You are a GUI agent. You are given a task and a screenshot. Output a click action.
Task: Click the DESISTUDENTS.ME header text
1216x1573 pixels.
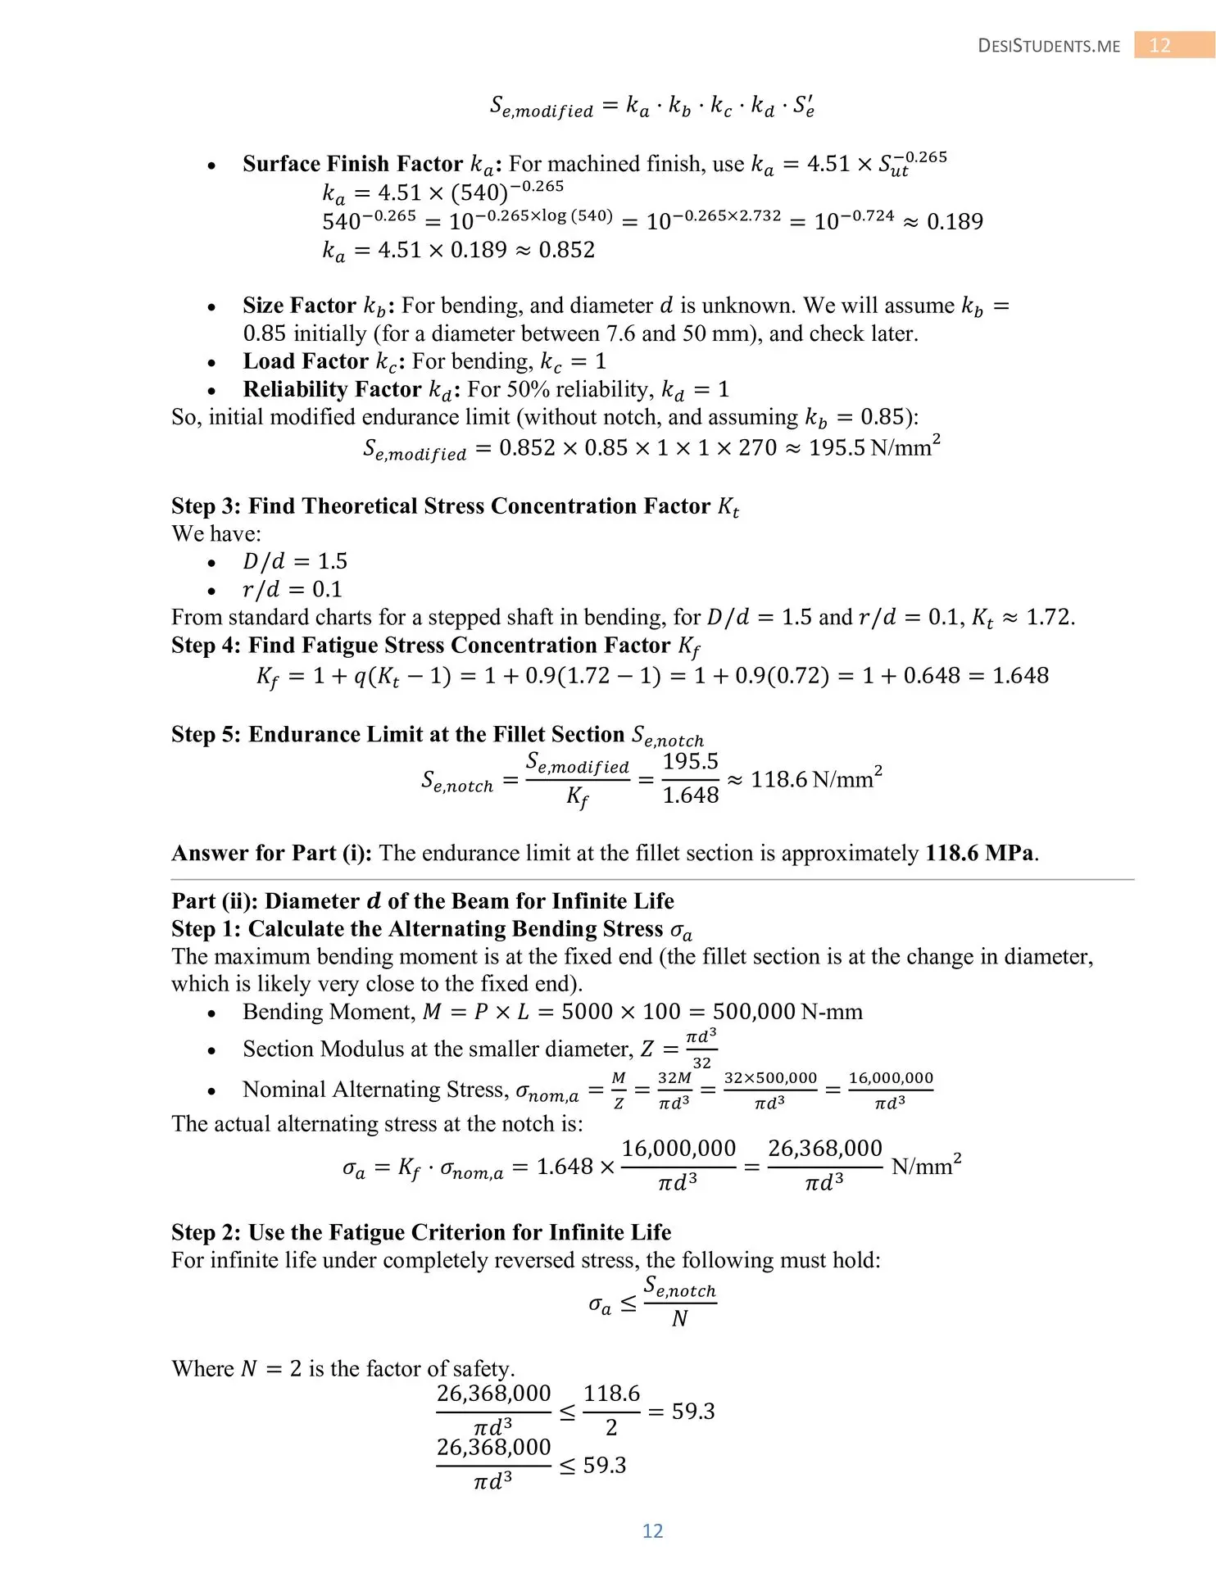tap(1049, 46)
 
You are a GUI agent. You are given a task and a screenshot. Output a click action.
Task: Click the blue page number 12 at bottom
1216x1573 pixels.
tap(652, 1530)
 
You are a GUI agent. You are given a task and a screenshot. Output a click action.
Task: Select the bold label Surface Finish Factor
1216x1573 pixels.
tap(352, 164)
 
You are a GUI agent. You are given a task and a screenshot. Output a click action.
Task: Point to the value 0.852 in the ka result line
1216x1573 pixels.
tap(566, 250)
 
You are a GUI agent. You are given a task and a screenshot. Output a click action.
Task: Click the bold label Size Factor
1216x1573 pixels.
tap(299, 306)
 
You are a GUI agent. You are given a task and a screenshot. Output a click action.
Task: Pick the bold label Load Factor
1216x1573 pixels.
tap(306, 361)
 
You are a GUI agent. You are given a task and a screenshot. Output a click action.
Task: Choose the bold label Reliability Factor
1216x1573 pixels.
tap(332, 389)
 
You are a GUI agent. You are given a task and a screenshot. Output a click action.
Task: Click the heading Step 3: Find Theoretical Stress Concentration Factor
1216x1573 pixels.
tap(455, 506)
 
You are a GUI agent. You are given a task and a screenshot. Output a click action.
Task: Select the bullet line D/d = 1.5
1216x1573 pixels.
tap(295, 561)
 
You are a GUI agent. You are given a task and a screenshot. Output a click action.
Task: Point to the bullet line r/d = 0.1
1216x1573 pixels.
tap(293, 589)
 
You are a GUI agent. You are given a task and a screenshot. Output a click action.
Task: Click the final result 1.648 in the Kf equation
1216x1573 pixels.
tap(1020, 676)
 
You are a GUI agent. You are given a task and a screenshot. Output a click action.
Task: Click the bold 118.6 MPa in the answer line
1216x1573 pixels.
tap(979, 853)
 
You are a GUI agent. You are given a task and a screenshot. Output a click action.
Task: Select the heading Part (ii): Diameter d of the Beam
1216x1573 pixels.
tap(422, 901)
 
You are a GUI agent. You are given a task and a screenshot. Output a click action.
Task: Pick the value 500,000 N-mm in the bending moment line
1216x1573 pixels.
tap(787, 1012)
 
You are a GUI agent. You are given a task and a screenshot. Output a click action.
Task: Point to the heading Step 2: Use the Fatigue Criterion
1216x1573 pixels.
tap(420, 1232)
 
